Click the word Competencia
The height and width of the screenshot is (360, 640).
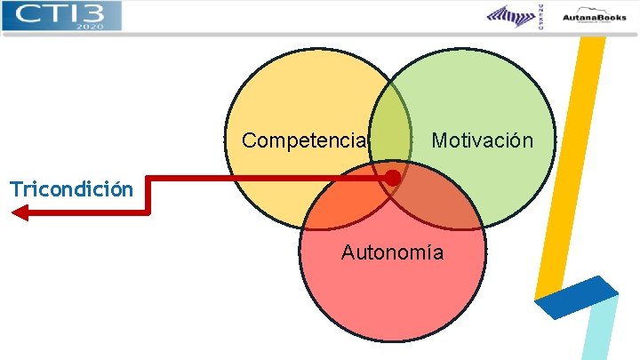304,140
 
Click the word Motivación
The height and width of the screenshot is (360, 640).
482,140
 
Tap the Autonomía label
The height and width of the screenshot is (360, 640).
392,252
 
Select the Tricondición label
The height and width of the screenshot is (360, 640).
71,188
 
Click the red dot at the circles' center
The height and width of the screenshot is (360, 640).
392,178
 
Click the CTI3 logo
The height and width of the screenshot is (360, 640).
60,15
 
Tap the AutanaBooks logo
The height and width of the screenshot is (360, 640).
593,15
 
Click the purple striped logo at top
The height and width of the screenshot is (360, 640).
511,16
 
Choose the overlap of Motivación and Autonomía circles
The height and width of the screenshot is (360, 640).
444,200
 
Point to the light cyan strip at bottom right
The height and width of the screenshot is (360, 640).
601,333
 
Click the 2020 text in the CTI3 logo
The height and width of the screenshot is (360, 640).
89,26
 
